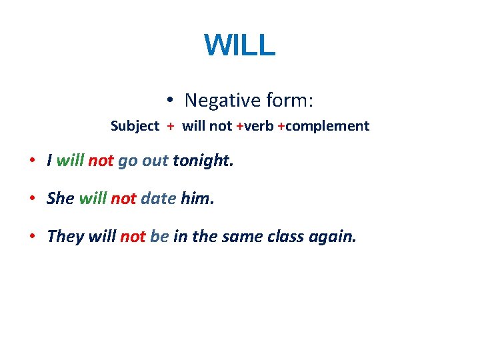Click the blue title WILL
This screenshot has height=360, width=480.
[239, 45]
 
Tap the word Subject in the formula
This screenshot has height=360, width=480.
[135, 126]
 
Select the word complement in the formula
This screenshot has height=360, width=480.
[327, 126]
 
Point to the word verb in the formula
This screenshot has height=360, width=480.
[259, 126]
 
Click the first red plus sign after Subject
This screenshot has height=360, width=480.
[171, 126]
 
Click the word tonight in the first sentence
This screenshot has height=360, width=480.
[203, 161]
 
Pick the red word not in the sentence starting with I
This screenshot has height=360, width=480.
[101, 161]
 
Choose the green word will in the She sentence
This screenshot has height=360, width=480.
[93, 199]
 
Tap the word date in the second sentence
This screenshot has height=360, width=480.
[159, 199]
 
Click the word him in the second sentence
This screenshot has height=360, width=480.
[197, 199]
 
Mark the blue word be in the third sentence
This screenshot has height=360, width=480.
[159, 237]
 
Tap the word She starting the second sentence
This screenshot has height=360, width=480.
[61, 199]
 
